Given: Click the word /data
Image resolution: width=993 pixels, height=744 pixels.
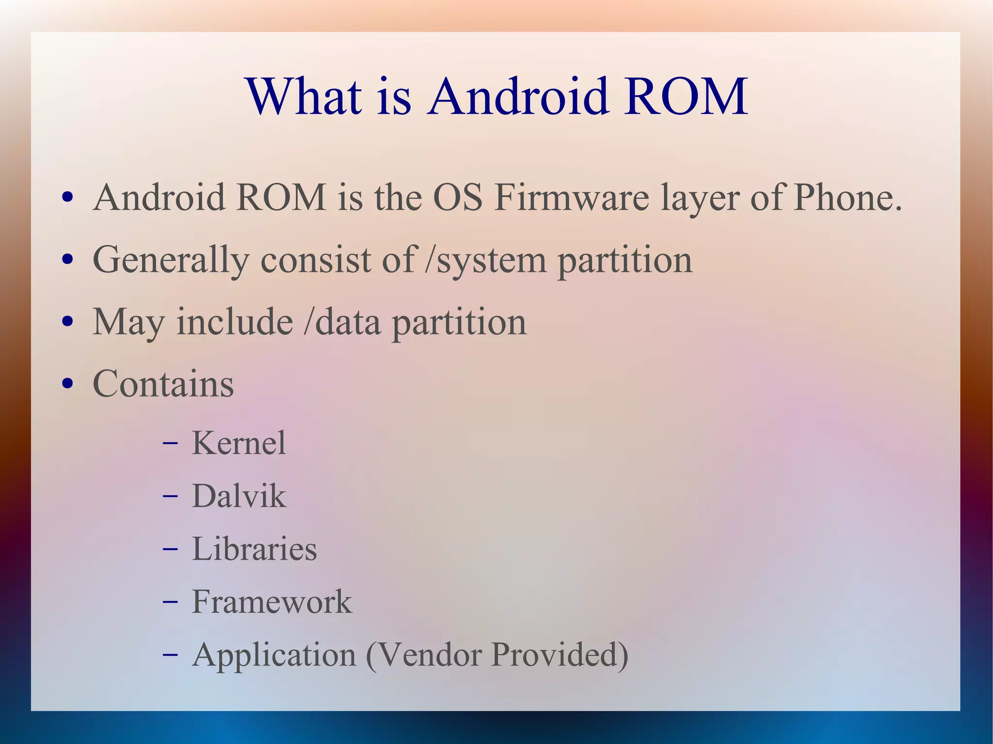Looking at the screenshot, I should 342,322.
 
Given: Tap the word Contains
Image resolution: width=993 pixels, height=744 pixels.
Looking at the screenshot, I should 163,384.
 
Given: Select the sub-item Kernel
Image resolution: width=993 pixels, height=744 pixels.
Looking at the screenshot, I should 239,443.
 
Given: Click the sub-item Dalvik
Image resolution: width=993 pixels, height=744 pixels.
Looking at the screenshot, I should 239,496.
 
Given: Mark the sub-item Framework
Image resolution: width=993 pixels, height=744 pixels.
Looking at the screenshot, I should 272,602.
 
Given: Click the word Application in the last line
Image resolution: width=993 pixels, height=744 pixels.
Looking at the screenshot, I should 274,655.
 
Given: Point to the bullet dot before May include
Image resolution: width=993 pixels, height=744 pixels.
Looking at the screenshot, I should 68,322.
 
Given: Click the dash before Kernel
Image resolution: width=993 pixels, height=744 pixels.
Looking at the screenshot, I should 170,443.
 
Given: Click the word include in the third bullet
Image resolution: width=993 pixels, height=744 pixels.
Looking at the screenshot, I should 235,322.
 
